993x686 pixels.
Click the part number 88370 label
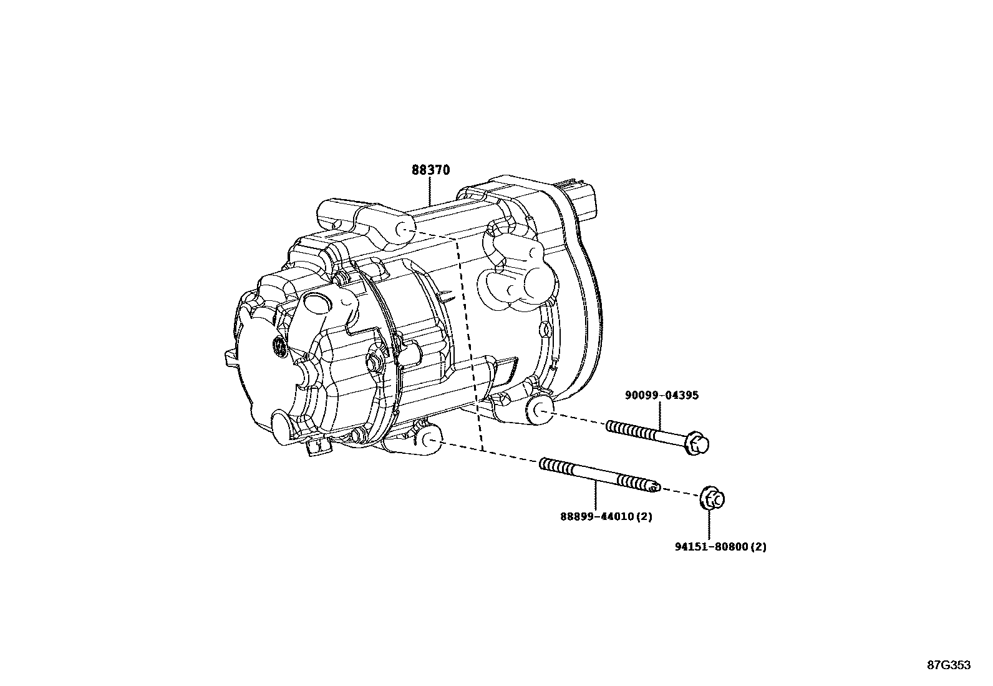(430, 170)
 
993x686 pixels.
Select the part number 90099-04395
(662, 395)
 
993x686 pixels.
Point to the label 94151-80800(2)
(720, 547)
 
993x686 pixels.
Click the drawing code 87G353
(948, 665)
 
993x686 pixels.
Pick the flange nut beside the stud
(713, 498)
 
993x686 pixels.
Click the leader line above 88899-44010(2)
(596, 496)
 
